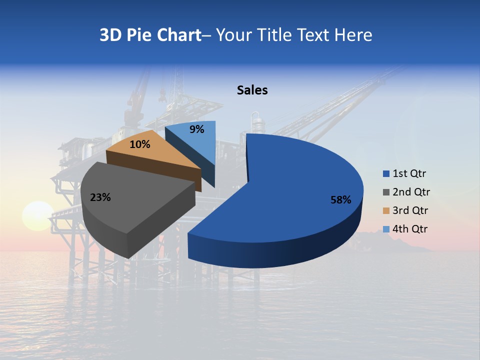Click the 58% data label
tap(340, 200)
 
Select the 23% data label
tap(100, 197)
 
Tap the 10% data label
tap(139, 144)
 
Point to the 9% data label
tap(197, 129)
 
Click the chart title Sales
tap(252, 90)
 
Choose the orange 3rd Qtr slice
tap(160, 152)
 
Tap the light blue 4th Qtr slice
tap(200, 142)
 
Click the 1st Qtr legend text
tap(409, 173)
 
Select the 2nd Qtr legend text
tap(411, 192)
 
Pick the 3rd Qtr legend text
tap(410, 210)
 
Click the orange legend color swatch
tap(386, 211)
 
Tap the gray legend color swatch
tap(386, 192)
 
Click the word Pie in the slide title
tap(139, 35)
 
